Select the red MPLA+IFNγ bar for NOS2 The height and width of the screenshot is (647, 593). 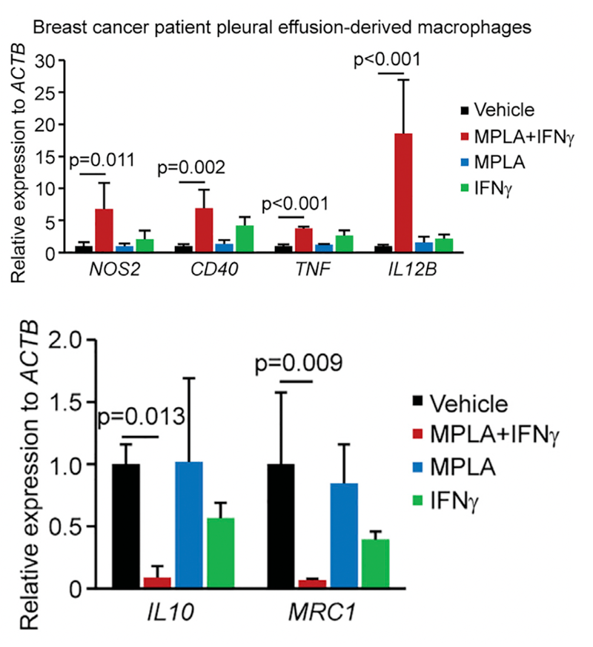tap(105, 230)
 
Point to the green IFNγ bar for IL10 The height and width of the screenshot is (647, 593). tap(219, 553)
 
